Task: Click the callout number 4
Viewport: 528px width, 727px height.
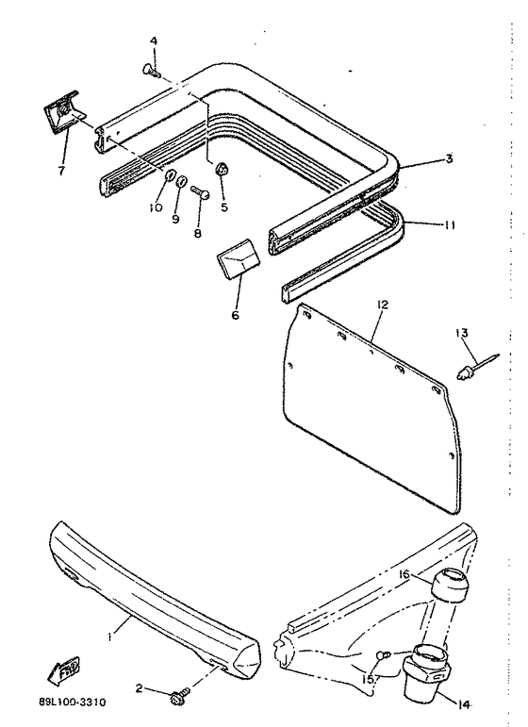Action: pos(153,41)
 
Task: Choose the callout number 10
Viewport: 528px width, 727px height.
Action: pos(157,207)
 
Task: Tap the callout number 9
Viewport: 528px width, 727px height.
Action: pos(175,219)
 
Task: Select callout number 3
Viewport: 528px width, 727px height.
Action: pos(449,158)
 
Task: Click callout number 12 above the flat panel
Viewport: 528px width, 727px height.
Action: pos(382,306)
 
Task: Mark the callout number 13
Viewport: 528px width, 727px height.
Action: pos(461,331)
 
